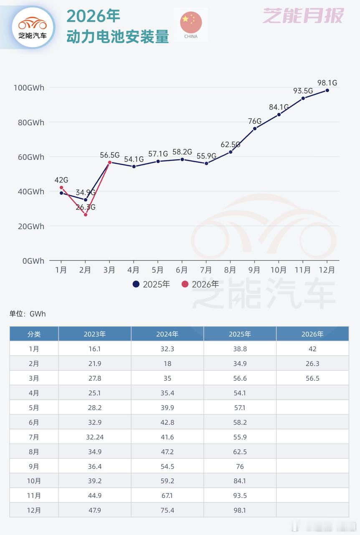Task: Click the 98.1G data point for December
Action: click(x=327, y=90)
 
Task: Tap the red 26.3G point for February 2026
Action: click(x=86, y=214)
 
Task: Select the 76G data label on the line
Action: click(x=255, y=121)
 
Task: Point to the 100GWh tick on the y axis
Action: click(x=29, y=87)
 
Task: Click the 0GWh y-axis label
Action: click(x=33, y=261)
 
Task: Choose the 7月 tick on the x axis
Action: click(x=205, y=270)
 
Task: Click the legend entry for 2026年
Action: click(x=200, y=284)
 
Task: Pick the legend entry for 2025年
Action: click(x=151, y=284)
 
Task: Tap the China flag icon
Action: click(x=191, y=24)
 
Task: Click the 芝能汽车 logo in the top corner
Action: click(x=33, y=26)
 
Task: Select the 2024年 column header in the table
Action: click(x=167, y=334)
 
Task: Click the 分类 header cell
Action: click(x=34, y=334)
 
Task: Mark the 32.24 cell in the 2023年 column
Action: click(x=95, y=437)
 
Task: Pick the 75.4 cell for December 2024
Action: click(x=167, y=510)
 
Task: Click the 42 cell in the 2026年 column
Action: click(x=312, y=349)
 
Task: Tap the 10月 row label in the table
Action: click(x=34, y=481)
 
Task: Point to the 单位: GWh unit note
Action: click(x=28, y=314)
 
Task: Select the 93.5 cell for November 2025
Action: click(x=240, y=495)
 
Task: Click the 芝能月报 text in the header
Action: click(x=303, y=15)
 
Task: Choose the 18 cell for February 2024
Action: click(x=167, y=364)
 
